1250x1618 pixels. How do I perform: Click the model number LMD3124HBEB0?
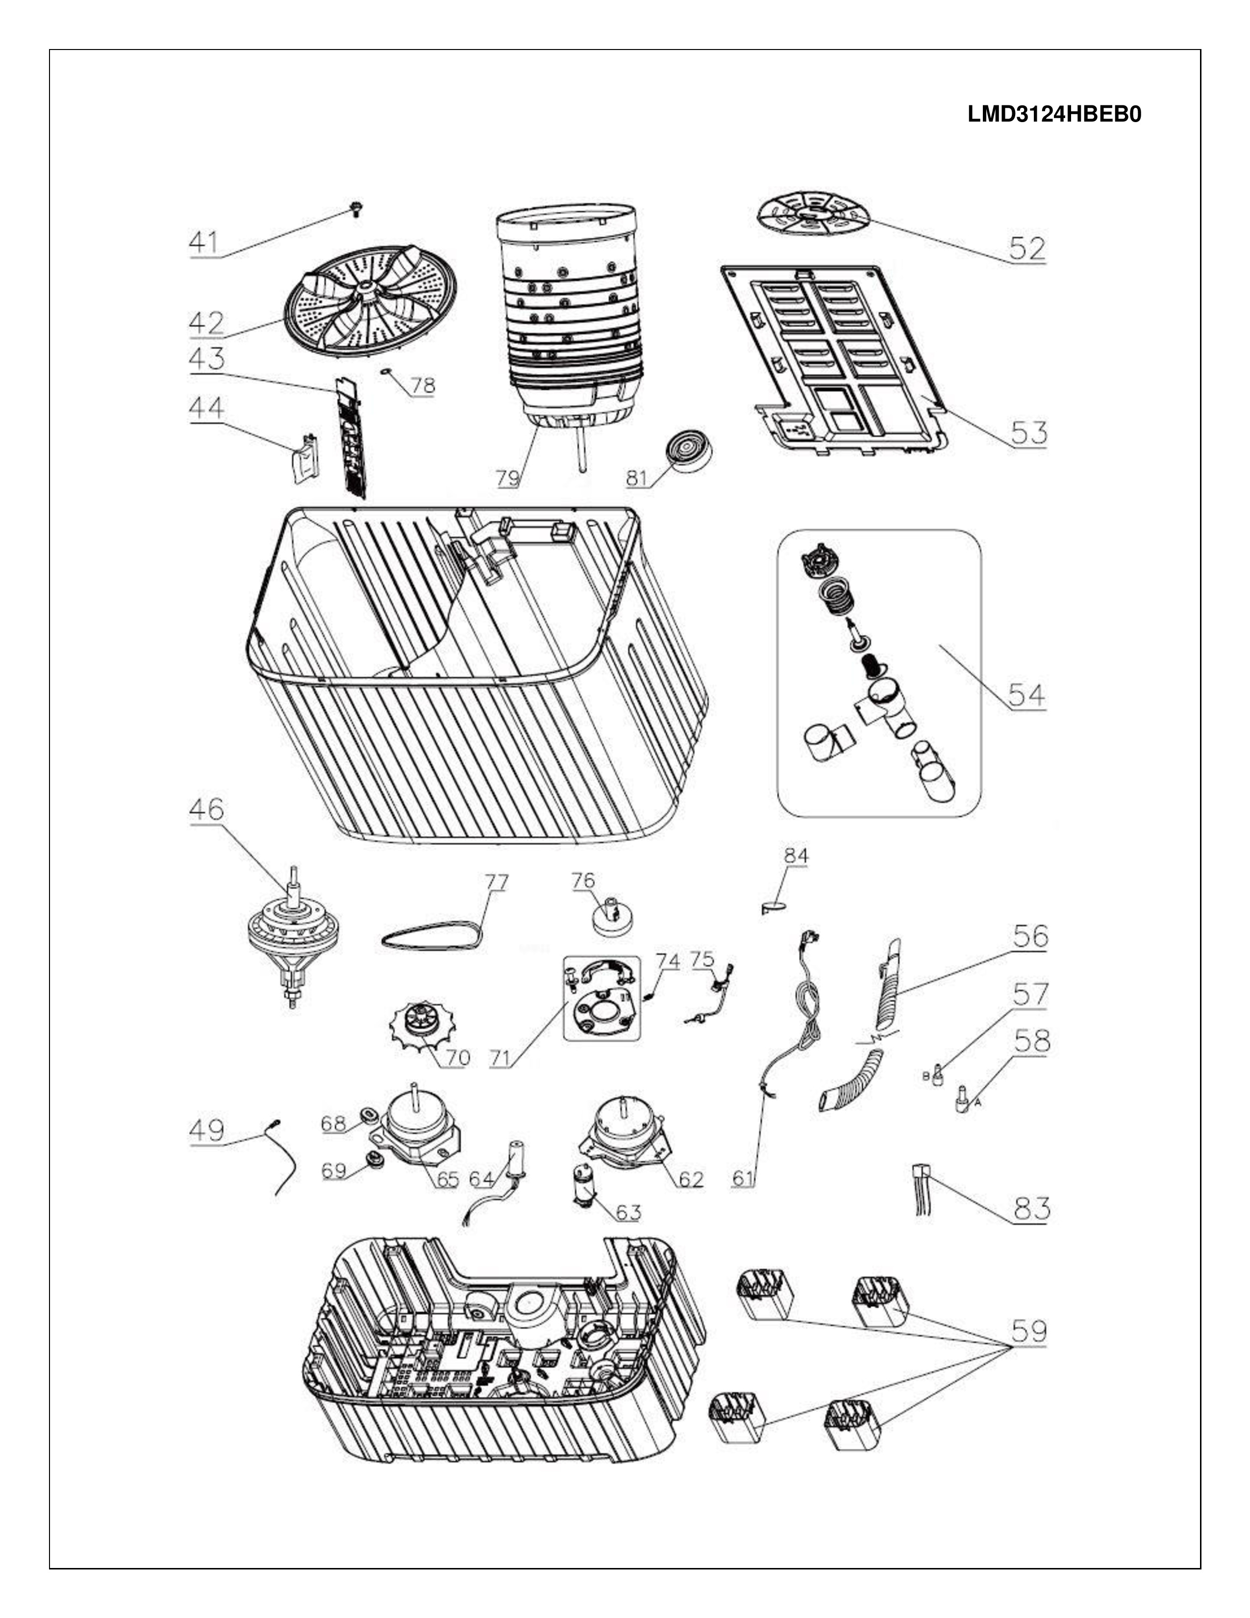pyautogui.click(x=1054, y=115)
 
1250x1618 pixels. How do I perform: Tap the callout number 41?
pyautogui.click(x=204, y=242)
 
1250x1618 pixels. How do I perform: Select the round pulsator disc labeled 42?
pyautogui.click(x=372, y=307)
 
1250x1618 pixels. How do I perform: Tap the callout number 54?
pyautogui.click(x=1026, y=695)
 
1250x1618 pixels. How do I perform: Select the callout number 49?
pyautogui.click(x=206, y=1131)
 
